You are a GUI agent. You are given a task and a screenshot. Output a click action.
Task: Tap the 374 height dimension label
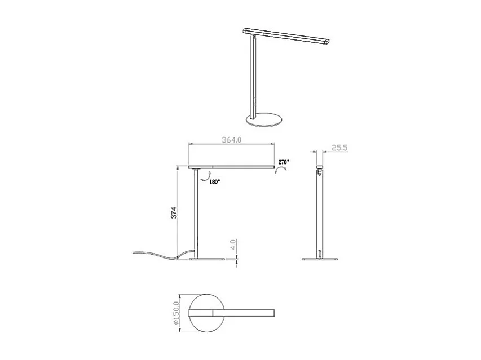click(175, 212)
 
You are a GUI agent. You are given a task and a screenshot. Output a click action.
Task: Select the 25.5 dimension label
click(339, 148)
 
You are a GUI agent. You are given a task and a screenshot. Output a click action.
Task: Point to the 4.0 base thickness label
click(232, 246)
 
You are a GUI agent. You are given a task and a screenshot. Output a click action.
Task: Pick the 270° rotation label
click(283, 162)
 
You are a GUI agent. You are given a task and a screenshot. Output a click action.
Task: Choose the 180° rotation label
click(214, 182)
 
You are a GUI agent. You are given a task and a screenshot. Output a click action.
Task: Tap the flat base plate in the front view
click(207, 260)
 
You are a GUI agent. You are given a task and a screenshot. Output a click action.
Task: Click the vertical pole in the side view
click(320, 214)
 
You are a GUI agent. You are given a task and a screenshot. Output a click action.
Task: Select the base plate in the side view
click(320, 260)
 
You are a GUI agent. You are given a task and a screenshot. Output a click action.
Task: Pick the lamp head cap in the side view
click(320, 168)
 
